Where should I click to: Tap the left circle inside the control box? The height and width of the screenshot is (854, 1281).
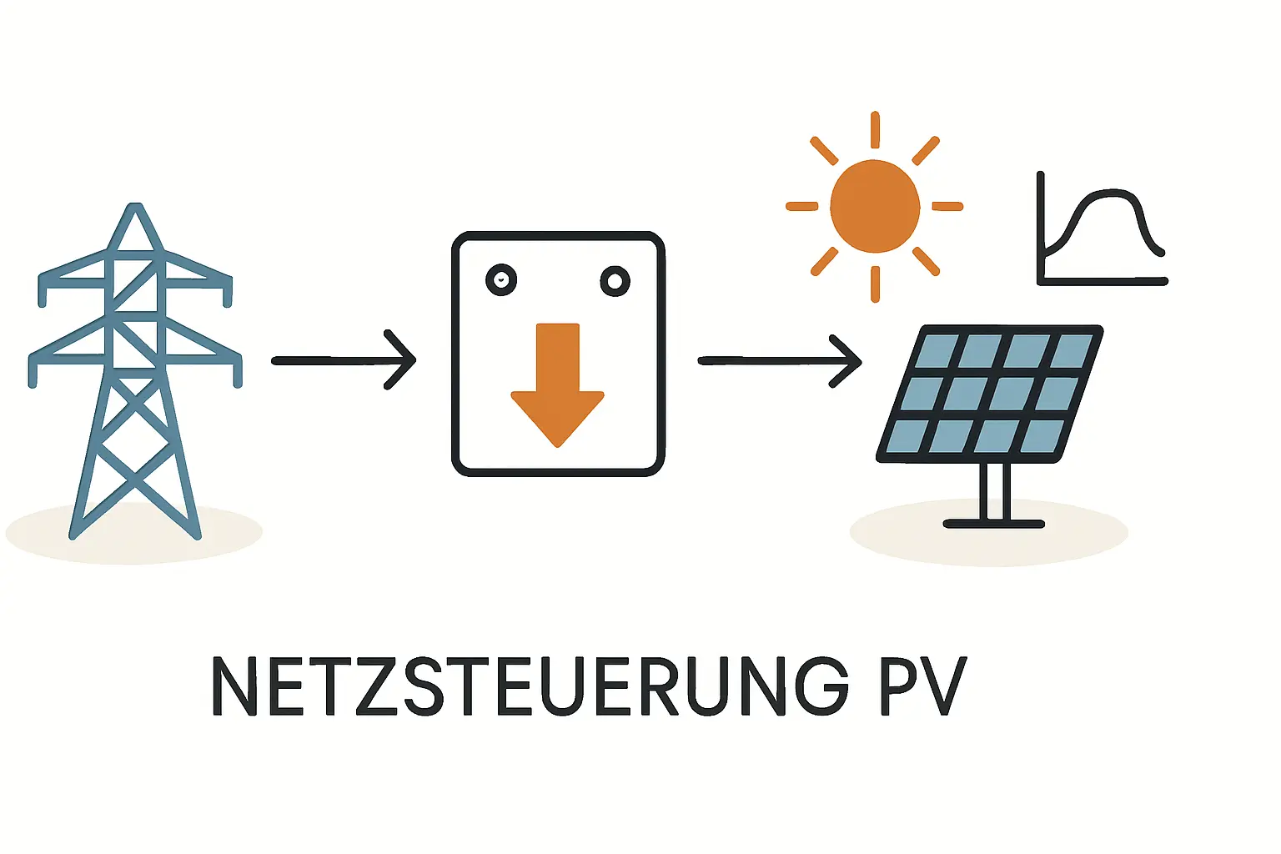501,280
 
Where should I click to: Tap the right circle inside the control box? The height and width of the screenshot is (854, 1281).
615,281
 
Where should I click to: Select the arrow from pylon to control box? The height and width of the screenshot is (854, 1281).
343,360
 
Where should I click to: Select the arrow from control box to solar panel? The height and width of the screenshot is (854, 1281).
779,360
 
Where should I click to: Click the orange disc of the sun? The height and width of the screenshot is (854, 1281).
875,206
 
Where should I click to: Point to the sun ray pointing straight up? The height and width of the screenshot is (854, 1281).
875,129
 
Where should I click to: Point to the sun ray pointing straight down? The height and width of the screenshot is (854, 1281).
875,284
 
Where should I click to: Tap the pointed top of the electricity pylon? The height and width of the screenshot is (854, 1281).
135,208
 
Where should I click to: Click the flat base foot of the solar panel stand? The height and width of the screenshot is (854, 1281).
993,524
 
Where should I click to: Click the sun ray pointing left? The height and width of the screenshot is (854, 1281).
802,206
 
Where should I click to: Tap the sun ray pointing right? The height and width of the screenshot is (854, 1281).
947,206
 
